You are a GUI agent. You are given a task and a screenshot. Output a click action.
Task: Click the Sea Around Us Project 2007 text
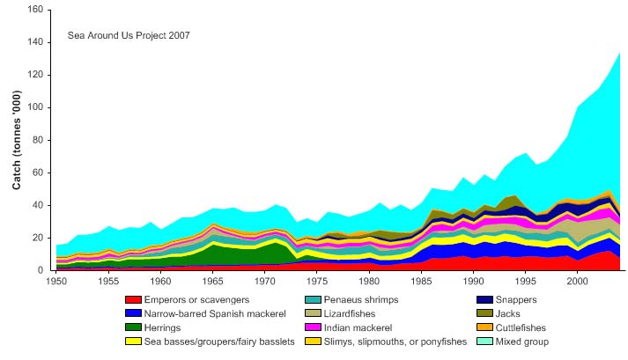[x=129, y=36]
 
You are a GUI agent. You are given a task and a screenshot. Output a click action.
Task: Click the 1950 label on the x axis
[x=55, y=282]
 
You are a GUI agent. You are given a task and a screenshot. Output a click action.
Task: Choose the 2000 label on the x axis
[x=577, y=282]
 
